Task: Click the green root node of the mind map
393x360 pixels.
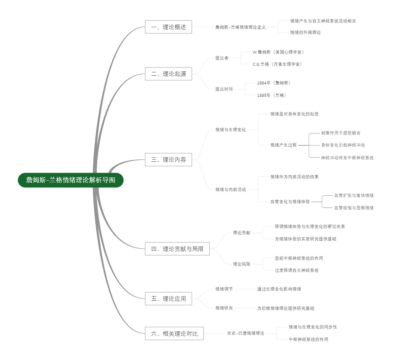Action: tap(70, 180)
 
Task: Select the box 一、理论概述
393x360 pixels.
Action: tap(168, 27)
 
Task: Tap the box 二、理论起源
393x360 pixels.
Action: tap(168, 74)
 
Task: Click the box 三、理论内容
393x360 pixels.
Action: tap(168, 160)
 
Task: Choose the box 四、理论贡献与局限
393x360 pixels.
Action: tap(177, 249)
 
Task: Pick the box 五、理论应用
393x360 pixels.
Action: tap(168, 298)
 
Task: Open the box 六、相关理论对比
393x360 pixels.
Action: tap(174, 333)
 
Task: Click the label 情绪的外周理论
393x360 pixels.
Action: tap(305, 32)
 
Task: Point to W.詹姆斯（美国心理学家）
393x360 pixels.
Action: tap(278, 52)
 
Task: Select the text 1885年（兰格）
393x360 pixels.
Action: tap(271, 95)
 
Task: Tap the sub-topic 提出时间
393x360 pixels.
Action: tap(224, 89)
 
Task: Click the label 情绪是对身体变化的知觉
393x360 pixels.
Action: tap(294, 114)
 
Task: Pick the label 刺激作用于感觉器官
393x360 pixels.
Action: tap(341, 133)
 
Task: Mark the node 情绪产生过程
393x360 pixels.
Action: tap(284, 145)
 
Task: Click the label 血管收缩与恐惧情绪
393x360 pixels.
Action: tap(354, 208)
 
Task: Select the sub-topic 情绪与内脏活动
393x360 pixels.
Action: tap(231, 189)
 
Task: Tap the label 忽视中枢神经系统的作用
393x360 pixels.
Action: tap(299, 258)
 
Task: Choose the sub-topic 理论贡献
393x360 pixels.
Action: tap(242, 233)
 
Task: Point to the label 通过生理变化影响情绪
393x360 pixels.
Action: tap(279, 289)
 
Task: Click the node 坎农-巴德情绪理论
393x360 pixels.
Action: tap(246, 333)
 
